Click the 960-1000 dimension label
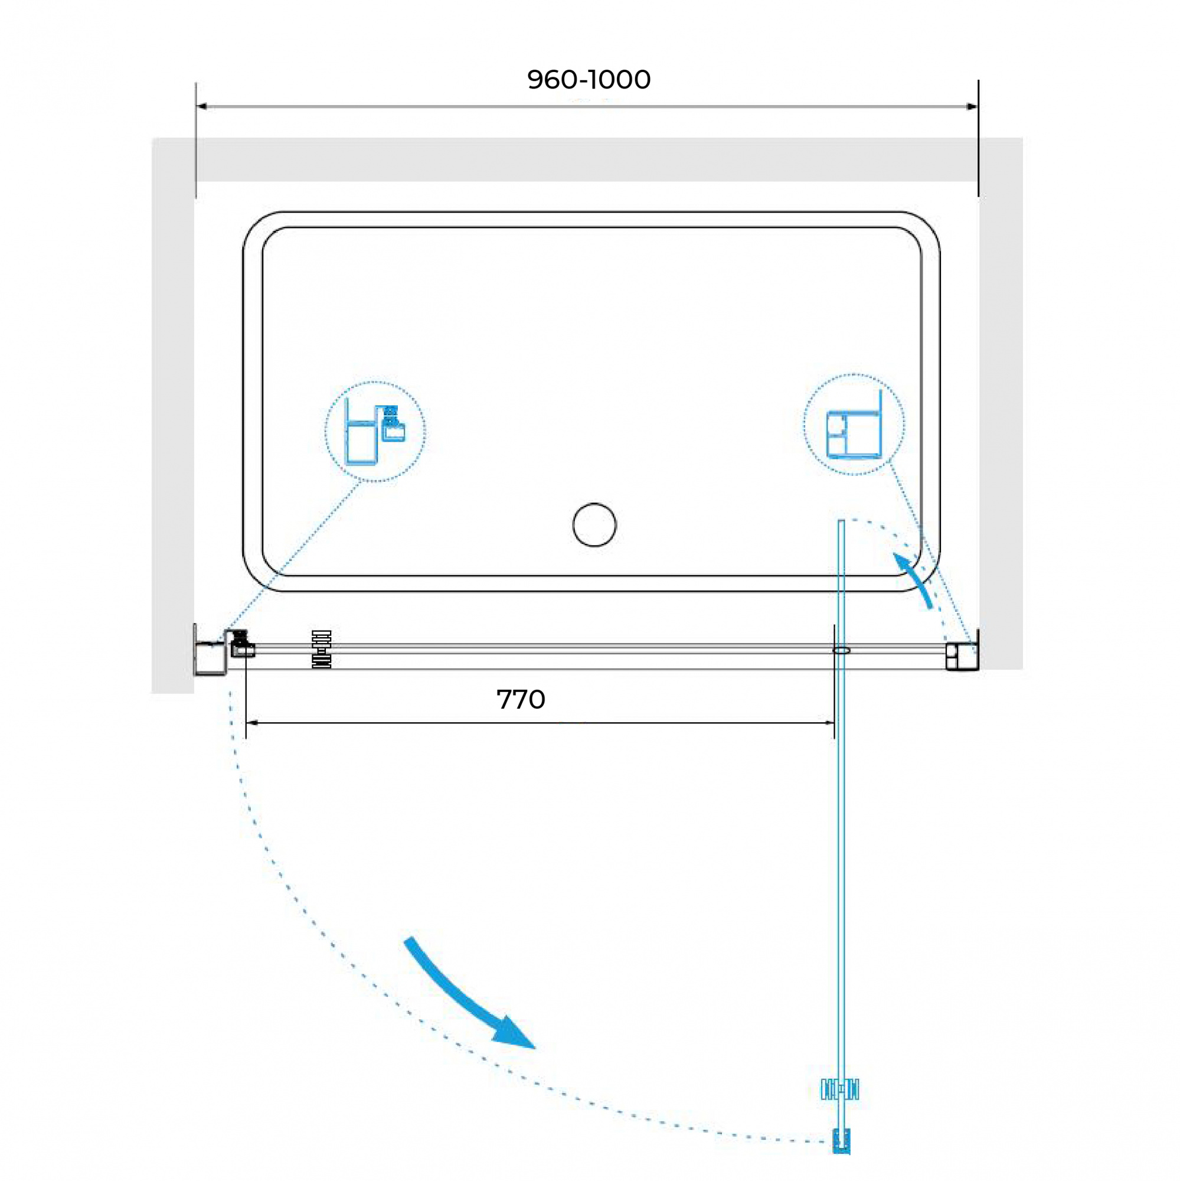[x=589, y=80]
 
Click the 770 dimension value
[x=521, y=699]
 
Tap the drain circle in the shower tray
[x=594, y=524]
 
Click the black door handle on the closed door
[x=322, y=649]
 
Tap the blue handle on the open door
[x=840, y=1089]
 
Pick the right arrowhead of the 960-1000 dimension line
[x=972, y=106]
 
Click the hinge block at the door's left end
[x=242, y=645]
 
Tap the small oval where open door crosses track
[x=841, y=650]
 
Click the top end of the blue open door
[x=841, y=521]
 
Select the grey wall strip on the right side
[x=1001, y=403]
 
